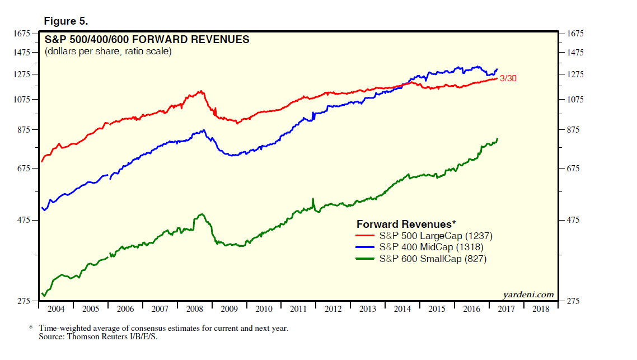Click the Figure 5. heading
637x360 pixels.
click(65, 21)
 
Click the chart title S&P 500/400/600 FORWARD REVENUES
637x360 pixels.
click(147, 40)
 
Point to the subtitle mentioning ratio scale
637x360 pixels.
click(108, 52)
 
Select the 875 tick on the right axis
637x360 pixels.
click(575, 130)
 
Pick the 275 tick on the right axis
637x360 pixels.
click(575, 302)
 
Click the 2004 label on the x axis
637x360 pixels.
click(56, 309)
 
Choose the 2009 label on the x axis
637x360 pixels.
click(229, 309)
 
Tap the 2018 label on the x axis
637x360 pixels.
click(541, 309)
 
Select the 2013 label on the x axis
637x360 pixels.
click(368, 309)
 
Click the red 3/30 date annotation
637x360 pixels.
click(508, 78)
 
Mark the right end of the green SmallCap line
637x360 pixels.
click(497, 138)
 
